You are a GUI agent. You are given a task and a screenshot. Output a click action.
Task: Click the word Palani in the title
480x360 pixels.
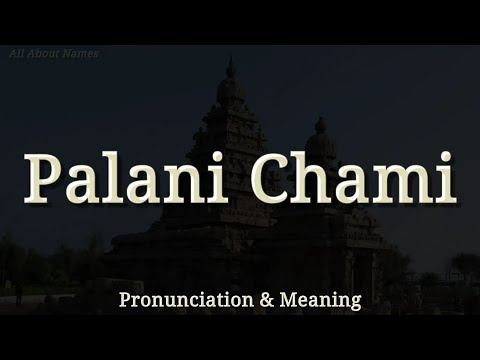coord(128,178)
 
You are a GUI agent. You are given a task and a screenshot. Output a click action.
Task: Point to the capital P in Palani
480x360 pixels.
coord(45,178)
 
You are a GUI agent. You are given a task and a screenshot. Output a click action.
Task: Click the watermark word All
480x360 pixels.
coord(18,53)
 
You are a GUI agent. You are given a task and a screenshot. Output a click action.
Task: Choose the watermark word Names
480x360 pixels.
coord(80,53)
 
